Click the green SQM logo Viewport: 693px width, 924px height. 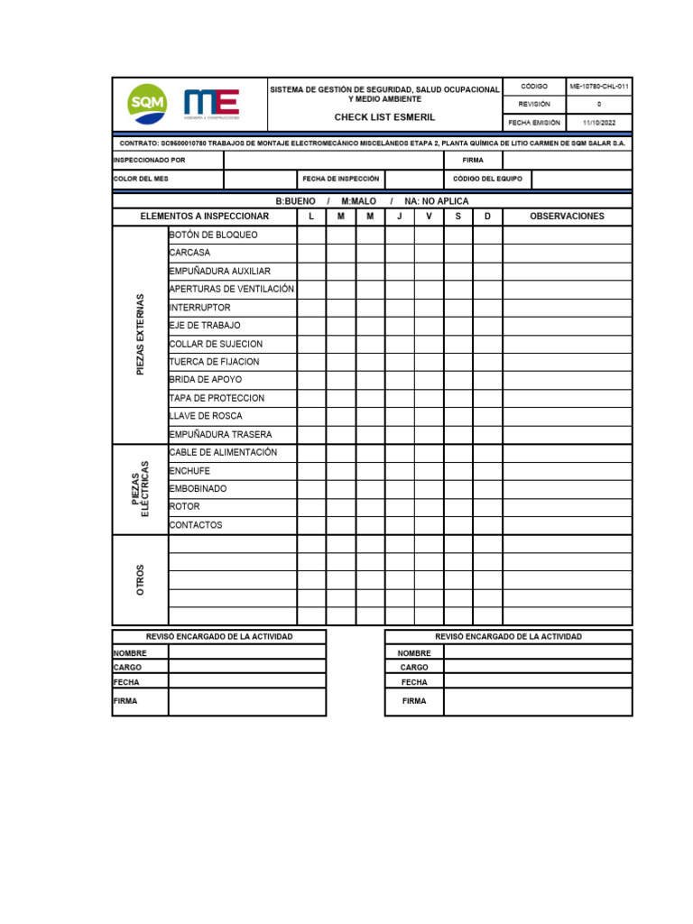pos(147,105)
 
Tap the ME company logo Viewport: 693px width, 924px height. pos(211,104)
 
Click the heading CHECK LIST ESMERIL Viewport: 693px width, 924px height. pos(384,117)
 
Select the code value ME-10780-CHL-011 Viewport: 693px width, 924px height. pos(599,86)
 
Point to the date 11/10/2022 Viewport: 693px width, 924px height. pos(599,123)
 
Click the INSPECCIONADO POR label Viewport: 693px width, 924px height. pos(149,160)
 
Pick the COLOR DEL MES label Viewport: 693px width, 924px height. pos(141,179)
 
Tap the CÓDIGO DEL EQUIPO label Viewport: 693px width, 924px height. pos(487,179)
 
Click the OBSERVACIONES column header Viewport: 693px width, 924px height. pos(567,217)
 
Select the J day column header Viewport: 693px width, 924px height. pos(400,217)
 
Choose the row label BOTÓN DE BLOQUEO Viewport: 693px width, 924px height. pos(213,235)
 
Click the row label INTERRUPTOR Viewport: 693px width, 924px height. pos(199,308)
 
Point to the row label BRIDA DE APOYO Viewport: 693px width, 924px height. pos(205,380)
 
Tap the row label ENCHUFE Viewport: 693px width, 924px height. pos(189,470)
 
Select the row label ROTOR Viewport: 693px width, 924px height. pos(184,506)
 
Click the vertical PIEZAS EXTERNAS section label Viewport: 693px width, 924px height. pos(140,335)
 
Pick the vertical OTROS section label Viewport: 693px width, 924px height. pos(140,579)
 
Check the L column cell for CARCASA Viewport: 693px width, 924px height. pos(311,253)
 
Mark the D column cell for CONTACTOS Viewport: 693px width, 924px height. pos(487,524)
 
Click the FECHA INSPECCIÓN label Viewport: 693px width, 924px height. pos(341,179)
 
